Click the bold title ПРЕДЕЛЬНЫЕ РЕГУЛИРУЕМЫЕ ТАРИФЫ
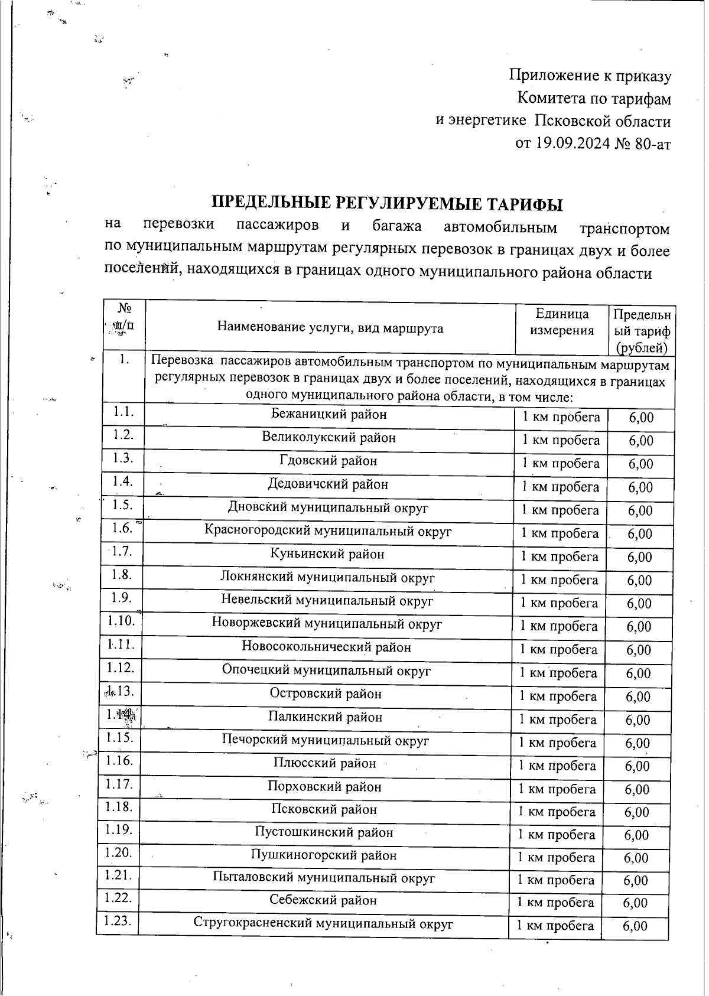(x=387, y=204)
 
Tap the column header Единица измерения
(x=561, y=322)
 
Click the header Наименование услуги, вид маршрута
(x=330, y=327)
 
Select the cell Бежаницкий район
(x=329, y=415)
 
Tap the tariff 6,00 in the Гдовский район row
(x=640, y=464)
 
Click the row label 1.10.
(x=121, y=621)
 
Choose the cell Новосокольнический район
(x=326, y=647)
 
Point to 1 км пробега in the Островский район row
(x=558, y=696)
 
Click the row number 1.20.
(x=118, y=852)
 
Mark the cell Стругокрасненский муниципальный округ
(x=323, y=923)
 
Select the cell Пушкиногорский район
(x=323, y=855)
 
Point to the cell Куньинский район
(x=327, y=554)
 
